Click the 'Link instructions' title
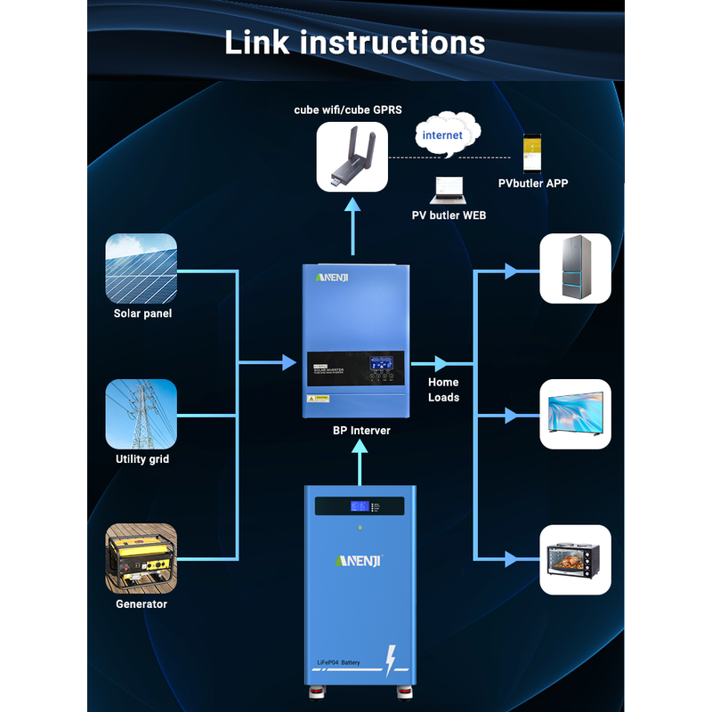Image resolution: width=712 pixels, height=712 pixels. pyautogui.click(x=355, y=42)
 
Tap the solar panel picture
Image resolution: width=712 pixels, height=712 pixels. pyautogui.click(x=141, y=268)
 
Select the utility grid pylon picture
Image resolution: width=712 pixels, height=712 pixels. pyautogui.click(x=141, y=414)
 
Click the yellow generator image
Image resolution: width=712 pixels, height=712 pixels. pyautogui.click(x=141, y=558)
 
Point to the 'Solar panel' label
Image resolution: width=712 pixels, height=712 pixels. pyautogui.click(x=142, y=313)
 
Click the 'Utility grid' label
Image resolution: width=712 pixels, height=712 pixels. pyautogui.click(x=142, y=459)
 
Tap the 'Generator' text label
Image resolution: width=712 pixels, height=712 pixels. pyautogui.click(x=142, y=604)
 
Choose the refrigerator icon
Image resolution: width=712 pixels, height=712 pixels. pyautogui.click(x=576, y=269)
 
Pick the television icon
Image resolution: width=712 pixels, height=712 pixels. pyautogui.click(x=576, y=414)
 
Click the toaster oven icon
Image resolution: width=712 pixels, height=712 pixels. pyautogui.click(x=576, y=559)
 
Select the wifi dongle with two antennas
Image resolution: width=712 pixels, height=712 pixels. pyautogui.click(x=352, y=157)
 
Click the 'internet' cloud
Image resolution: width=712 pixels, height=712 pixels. pyautogui.click(x=444, y=135)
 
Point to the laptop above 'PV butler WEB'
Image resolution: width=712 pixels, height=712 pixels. pyautogui.click(x=448, y=189)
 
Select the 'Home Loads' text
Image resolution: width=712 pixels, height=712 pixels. pyautogui.click(x=443, y=390)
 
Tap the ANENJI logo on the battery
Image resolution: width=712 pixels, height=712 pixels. pyautogui.click(x=359, y=561)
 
